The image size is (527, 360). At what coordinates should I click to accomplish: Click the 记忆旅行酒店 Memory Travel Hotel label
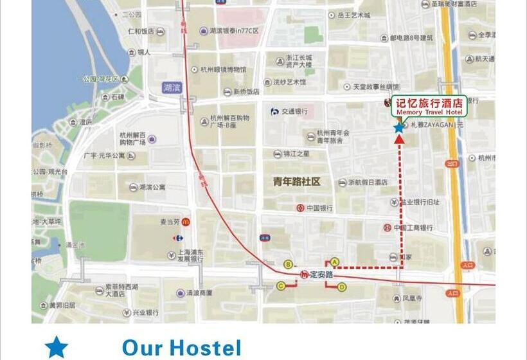[x=429, y=106]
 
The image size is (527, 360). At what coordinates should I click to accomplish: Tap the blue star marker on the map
[x=399, y=127]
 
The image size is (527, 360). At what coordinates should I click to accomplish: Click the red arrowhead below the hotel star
[x=399, y=138]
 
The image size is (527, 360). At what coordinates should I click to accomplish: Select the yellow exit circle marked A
[x=334, y=262]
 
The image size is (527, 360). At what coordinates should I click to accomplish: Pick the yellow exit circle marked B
[x=288, y=264]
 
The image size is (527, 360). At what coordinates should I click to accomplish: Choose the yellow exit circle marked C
[x=281, y=285]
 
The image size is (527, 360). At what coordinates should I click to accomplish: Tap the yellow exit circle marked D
[x=342, y=287]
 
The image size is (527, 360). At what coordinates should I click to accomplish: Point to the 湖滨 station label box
[x=172, y=87]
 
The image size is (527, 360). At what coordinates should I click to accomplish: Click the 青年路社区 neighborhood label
[x=297, y=182]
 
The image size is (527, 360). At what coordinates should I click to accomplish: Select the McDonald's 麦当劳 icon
[x=184, y=222]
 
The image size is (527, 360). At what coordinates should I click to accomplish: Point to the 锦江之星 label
[x=296, y=154]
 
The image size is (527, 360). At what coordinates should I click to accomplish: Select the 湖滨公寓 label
[x=152, y=188]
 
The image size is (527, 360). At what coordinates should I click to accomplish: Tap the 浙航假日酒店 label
[x=368, y=183]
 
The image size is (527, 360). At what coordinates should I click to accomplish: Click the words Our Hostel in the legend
[x=181, y=348]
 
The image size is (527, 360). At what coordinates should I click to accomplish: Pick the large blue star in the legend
[x=57, y=347]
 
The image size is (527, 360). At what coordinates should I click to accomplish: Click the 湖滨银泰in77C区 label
[x=233, y=30]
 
